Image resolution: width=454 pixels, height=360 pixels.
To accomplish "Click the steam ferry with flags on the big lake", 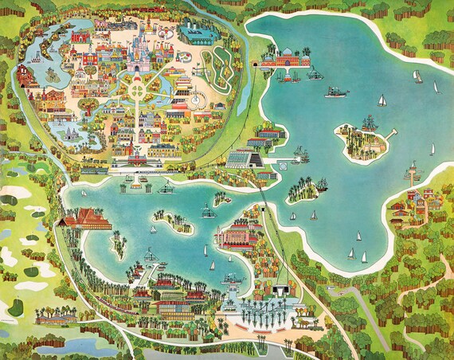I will coord(335,92).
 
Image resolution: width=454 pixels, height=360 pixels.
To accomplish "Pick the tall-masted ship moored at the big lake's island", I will coord(369,124).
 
